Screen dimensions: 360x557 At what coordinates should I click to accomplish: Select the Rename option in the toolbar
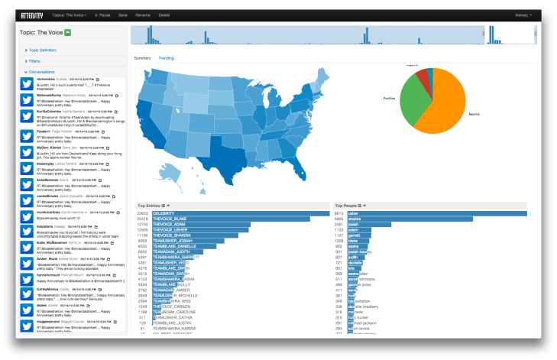click(x=142, y=15)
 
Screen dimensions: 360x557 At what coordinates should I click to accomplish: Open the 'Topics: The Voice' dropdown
click(x=70, y=15)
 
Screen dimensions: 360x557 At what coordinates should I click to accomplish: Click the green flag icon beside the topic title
click(x=68, y=32)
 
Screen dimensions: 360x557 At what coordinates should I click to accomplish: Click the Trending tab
click(x=167, y=58)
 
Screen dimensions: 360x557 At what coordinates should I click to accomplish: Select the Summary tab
click(x=143, y=58)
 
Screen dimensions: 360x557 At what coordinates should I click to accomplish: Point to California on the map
click(x=150, y=126)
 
